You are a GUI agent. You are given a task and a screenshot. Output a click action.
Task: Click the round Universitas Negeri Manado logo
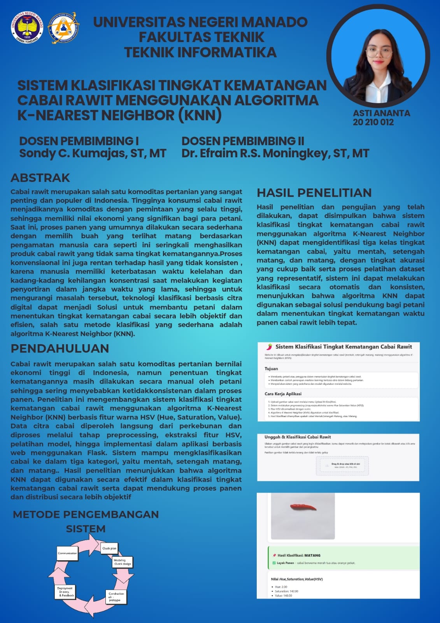tap(27, 28)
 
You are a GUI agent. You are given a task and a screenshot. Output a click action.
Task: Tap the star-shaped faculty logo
tap(63, 27)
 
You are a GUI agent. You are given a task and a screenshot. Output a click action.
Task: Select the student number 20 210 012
tap(373, 122)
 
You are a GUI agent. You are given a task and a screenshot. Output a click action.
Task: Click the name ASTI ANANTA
tap(381, 113)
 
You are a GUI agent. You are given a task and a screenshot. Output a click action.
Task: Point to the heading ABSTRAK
tap(40, 178)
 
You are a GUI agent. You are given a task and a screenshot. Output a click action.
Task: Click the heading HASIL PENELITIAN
tap(314, 193)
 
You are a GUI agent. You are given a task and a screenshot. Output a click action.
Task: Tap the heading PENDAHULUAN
tap(60, 348)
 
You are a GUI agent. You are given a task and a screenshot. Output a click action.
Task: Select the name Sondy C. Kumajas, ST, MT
tap(93, 153)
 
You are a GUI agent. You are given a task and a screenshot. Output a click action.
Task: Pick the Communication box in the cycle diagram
tap(67, 553)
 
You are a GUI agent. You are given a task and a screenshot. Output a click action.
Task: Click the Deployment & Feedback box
tap(65, 591)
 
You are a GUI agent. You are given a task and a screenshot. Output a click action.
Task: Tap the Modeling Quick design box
tap(122, 562)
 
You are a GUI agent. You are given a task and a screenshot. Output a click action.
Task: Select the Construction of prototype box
tap(116, 597)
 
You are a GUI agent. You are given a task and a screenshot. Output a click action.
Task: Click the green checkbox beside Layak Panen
tap(274, 563)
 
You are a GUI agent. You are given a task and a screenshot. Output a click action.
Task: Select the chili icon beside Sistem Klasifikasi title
tap(269, 347)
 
